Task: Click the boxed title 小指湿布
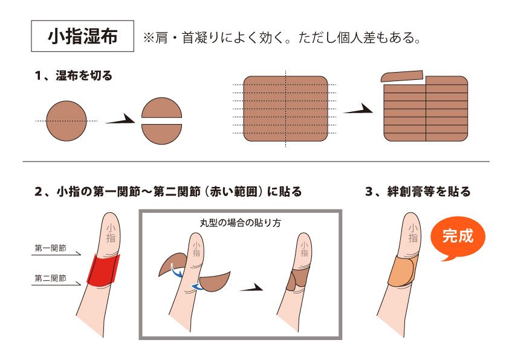coord(82,38)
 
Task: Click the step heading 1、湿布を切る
coord(74,77)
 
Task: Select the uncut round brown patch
coord(66,121)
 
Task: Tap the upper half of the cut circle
coord(162,108)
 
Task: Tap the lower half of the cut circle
coord(162,134)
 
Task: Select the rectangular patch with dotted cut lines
coord(285,108)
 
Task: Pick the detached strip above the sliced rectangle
coord(402,76)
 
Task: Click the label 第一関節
coord(50,248)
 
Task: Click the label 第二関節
coord(50,278)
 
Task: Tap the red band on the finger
coord(103,270)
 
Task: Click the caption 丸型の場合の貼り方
coord(241,222)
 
